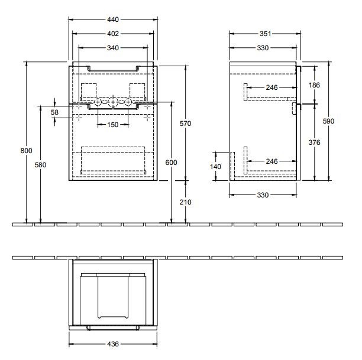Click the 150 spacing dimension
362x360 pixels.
[112, 124]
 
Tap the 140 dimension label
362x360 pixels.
[216, 167]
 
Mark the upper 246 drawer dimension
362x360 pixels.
[271, 88]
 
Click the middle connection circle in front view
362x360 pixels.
[113, 103]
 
